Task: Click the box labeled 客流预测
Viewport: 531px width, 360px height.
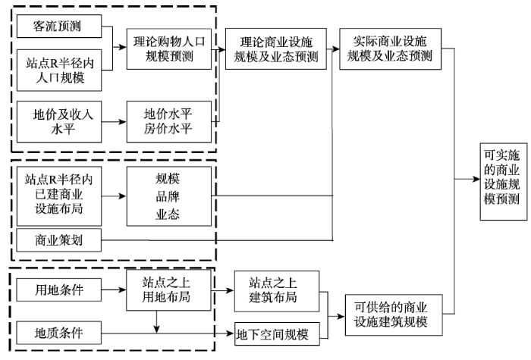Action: click(59, 26)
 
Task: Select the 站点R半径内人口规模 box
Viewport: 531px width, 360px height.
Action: click(59, 70)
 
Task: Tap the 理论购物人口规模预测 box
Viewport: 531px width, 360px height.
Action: click(169, 49)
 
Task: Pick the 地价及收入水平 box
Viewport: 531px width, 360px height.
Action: click(59, 122)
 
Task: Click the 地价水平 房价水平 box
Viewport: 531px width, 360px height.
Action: click(169, 122)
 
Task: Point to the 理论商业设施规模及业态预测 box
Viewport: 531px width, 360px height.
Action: click(276, 49)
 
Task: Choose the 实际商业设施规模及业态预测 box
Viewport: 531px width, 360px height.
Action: click(391, 49)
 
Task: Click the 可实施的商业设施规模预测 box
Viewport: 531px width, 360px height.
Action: click(504, 182)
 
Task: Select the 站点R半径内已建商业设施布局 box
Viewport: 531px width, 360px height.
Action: click(59, 196)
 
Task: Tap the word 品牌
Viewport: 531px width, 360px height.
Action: click(168, 196)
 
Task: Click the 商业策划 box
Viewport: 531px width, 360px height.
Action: click(59, 240)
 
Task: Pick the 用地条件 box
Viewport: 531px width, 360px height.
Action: click(59, 290)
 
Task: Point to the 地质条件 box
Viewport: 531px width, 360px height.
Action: click(59, 333)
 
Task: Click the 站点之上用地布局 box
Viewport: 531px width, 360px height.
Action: click(168, 290)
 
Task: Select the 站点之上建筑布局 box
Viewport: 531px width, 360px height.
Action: click(277, 291)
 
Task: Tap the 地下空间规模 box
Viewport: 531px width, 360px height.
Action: click(277, 334)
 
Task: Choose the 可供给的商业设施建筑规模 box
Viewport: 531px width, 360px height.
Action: click(394, 315)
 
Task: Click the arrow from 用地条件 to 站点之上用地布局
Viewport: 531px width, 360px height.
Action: click(114, 290)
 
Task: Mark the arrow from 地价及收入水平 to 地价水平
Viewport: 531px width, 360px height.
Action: click(114, 122)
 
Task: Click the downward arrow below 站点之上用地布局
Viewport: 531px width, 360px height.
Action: click(156, 322)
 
